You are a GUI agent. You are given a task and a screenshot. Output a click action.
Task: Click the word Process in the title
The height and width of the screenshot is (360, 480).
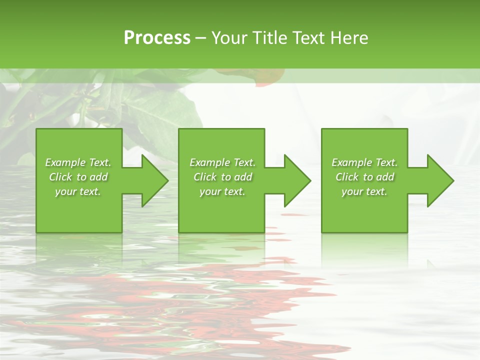(157, 38)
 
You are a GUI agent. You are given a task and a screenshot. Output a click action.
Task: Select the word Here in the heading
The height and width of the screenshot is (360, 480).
(349, 38)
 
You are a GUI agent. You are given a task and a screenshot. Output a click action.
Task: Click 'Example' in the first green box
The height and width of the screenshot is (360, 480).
(65, 162)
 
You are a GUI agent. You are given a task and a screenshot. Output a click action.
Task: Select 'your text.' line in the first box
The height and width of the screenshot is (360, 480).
(78, 191)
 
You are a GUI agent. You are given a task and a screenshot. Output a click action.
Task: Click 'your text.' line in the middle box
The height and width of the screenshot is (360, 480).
(222, 191)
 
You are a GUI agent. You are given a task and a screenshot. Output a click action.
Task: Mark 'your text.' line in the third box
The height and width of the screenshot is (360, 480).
(364, 191)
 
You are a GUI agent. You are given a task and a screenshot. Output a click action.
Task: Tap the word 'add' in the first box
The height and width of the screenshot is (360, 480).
(98, 177)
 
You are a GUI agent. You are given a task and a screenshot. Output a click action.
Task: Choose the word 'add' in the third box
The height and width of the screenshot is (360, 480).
(385, 177)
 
